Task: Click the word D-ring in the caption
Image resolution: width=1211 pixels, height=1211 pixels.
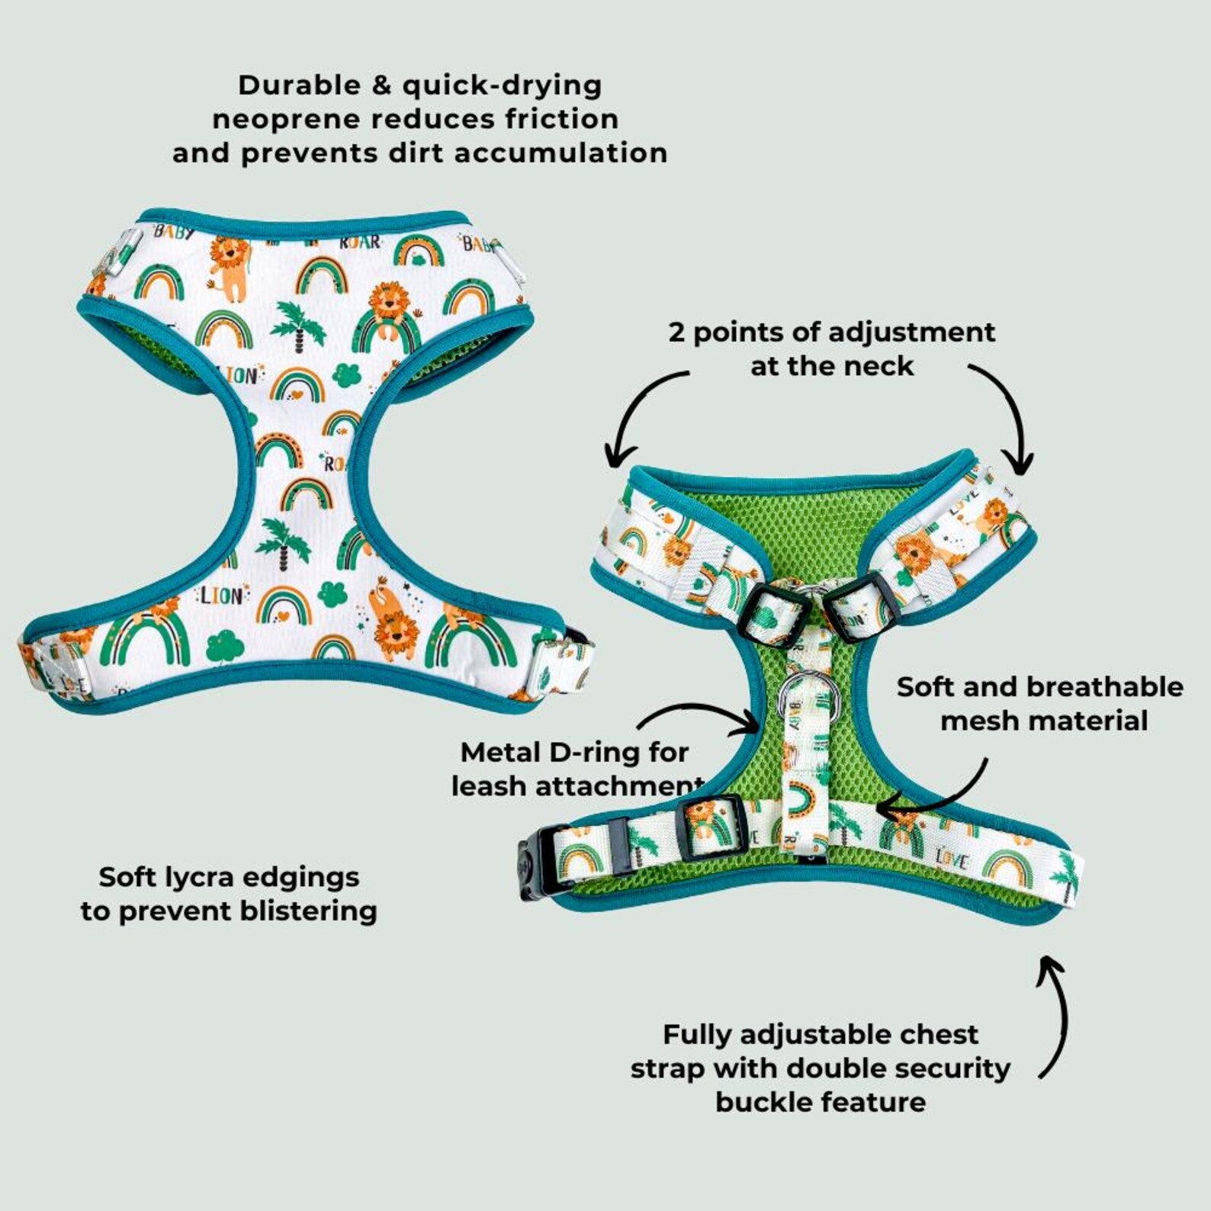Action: [593, 753]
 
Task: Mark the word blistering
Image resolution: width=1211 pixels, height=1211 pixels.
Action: [300, 911]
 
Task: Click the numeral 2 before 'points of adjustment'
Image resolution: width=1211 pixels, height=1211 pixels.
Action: [676, 332]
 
